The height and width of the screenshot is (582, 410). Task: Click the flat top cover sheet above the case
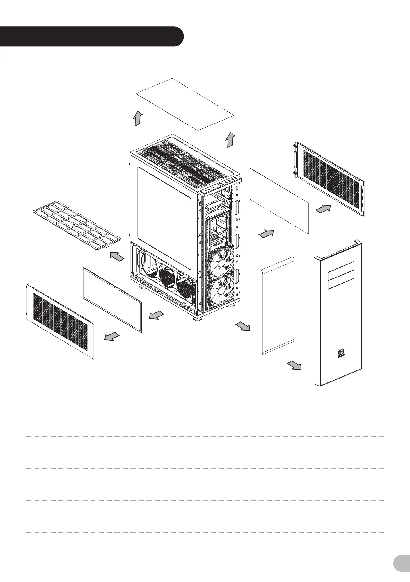(185, 104)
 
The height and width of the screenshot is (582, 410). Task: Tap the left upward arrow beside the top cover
(138, 118)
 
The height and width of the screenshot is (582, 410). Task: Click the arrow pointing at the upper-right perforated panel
(323, 209)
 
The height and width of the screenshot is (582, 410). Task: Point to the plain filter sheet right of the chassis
(279, 201)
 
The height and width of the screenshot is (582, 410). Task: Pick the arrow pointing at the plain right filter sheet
(266, 234)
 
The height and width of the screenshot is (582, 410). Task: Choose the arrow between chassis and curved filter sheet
(243, 327)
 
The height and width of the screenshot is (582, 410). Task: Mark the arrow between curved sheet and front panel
(294, 366)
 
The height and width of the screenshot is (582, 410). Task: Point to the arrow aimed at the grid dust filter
(117, 256)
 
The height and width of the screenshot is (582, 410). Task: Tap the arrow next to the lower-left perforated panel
(112, 336)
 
